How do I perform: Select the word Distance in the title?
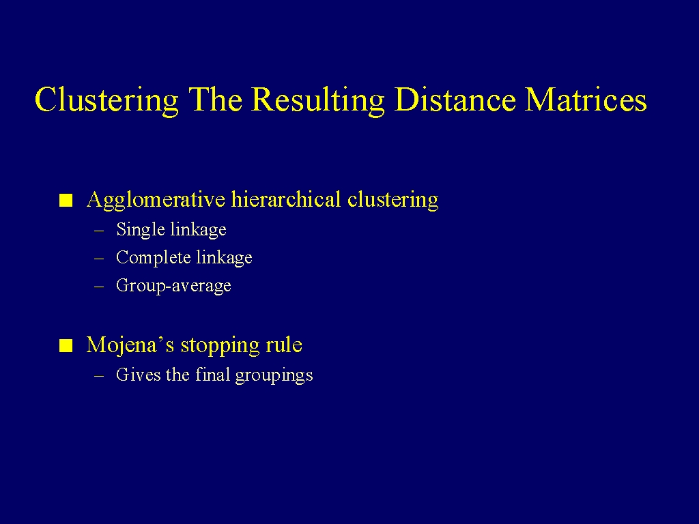pyautogui.click(x=455, y=99)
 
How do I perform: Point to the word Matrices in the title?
pyautogui.click(x=586, y=99)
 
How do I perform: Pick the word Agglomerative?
pyautogui.click(x=156, y=200)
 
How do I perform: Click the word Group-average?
pyautogui.click(x=173, y=286)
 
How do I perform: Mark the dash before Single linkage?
pyautogui.click(x=99, y=231)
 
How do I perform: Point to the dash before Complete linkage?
pyautogui.click(x=99, y=259)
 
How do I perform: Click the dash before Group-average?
pyautogui.click(x=99, y=287)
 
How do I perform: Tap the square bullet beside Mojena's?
pyautogui.click(x=66, y=346)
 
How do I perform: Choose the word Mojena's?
pyautogui.click(x=130, y=345)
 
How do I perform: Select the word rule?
pyautogui.click(x=284, y=345)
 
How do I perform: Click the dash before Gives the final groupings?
pyautogui.click(x=99, y=376)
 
